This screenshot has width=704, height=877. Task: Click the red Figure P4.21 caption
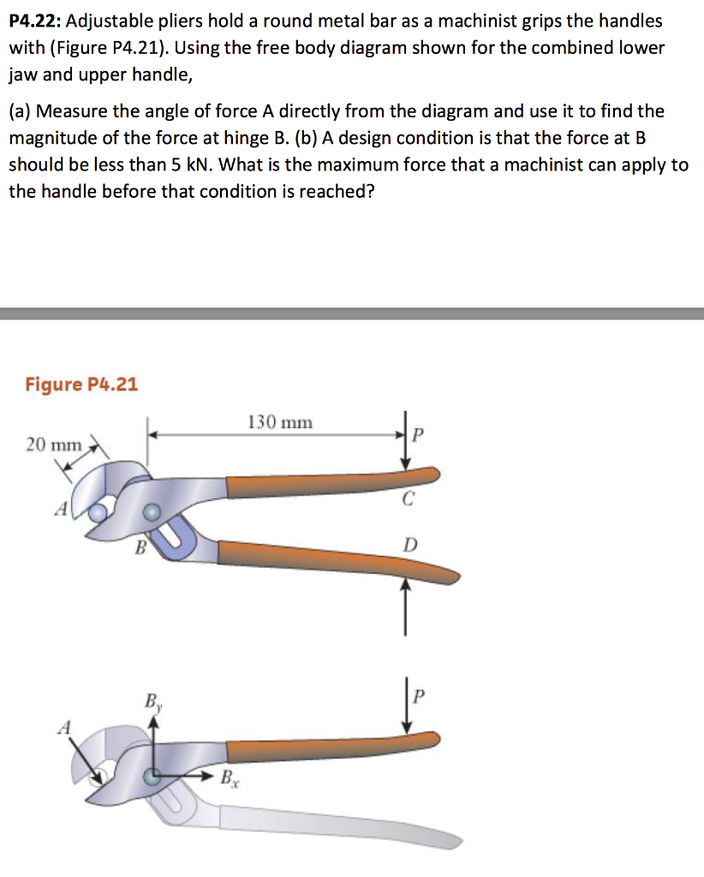pyautogui.click(x=81, y=384)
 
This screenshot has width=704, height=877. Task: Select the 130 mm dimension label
pyautogui.click(x=280, y=422)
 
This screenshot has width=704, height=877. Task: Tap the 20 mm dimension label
pyautogui.click(x=53, y=444)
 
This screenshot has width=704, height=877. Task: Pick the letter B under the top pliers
pyautogui.click(x=136, y=548)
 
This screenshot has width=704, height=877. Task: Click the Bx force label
pyautogui.click(x=228, y=779)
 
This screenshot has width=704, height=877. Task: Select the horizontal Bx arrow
pyautogui.click(x=184, y=778)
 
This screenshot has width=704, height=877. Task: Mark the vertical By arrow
pyautogui.click(x=153, y=745)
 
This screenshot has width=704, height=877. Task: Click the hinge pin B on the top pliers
pyautogui.click(x=152, y=511)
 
